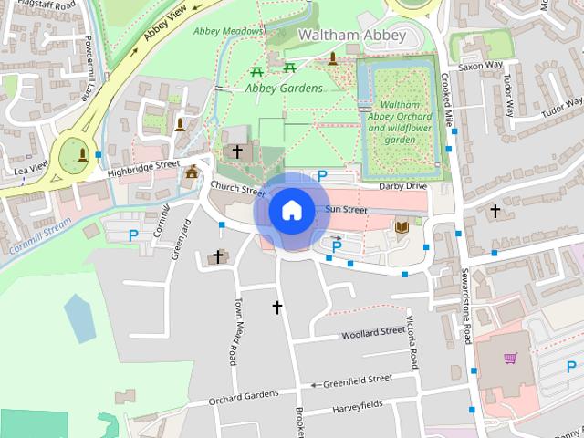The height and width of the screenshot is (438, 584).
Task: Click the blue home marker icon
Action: click(290, 210)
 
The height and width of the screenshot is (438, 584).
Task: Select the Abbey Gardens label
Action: click(284, 89)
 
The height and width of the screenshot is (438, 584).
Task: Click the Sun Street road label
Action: click(346, 211)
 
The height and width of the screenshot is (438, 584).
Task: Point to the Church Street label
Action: click(236, 188)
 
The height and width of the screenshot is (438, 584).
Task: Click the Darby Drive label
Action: click(402, 186)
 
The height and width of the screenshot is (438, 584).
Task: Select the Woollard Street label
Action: click(372, 333)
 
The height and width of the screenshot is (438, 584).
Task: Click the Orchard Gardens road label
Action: click(243, 397)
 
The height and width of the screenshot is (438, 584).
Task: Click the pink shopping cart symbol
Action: click(509, 358)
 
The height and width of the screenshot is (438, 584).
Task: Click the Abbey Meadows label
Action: click(229, 31)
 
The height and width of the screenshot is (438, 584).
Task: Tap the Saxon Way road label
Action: click(480, 66)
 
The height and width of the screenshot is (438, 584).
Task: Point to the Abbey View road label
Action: click(165, 27)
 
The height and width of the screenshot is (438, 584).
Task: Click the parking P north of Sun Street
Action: click(321, 175)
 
